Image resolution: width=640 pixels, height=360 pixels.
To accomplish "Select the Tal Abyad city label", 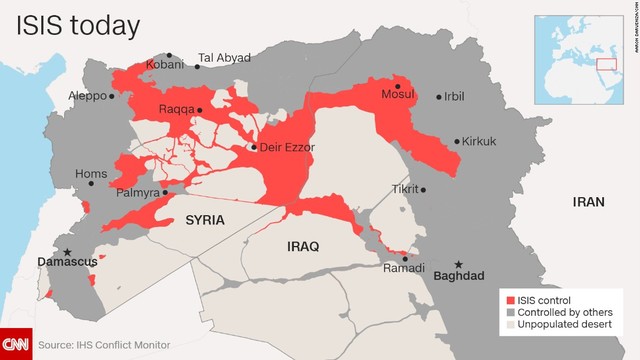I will click(x=224, y=58).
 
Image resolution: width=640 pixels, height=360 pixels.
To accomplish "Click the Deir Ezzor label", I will click(x=287, y=147).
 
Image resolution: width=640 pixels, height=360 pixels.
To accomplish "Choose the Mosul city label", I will click(x=399, y=95).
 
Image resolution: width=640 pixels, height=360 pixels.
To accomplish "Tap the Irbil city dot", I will click(x=438, y=96).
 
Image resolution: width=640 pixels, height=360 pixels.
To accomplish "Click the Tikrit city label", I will click(x=404, y=188).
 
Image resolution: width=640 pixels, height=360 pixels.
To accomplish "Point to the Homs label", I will click(x=91, y=173).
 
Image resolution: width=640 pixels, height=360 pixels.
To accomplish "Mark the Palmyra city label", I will click(x=139, y=193).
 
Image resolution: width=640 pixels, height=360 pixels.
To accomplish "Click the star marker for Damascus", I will click(x=68, y=252).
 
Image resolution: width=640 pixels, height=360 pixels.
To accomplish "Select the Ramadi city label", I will click(x=406, y=268).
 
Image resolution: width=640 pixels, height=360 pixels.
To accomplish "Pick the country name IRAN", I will click(x=589, y=202).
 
